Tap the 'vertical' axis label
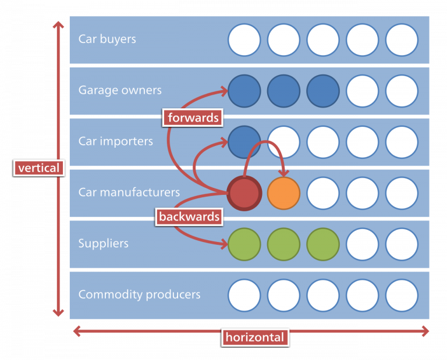pyautogui.click(x=38, y=168)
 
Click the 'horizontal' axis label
pyautogui.click(x=255, y=337)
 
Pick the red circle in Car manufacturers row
pyautogui.click(x=244, y=193)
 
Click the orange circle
pyautogui.click(x=283, y=193)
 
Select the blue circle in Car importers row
pyautogui.click(x=244, y=142)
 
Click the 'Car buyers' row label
pyautogui.click(x=107, y=40)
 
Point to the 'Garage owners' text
pyautogui.click(x=120, y=91)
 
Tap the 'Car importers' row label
pyautogui.click(x=116, y=141)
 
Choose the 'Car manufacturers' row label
pyautogui.click(x=129, y=193)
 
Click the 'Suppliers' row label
pyautogui.click(x=104, y=244)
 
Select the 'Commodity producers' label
pyautogui.click(x=139, y=294)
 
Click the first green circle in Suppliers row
pyautogui.click(x=244, y=244)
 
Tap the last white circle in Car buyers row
pyautogui.click(x=402, y=40)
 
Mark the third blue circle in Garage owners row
pyautogui.click(x=323, y=91)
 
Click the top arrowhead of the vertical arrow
pyautogui.click(x=58, y=25)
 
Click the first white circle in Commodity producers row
pyautogui.click(x=244, y=295)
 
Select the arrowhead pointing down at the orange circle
pyautogui.click(x=285, y=173)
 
